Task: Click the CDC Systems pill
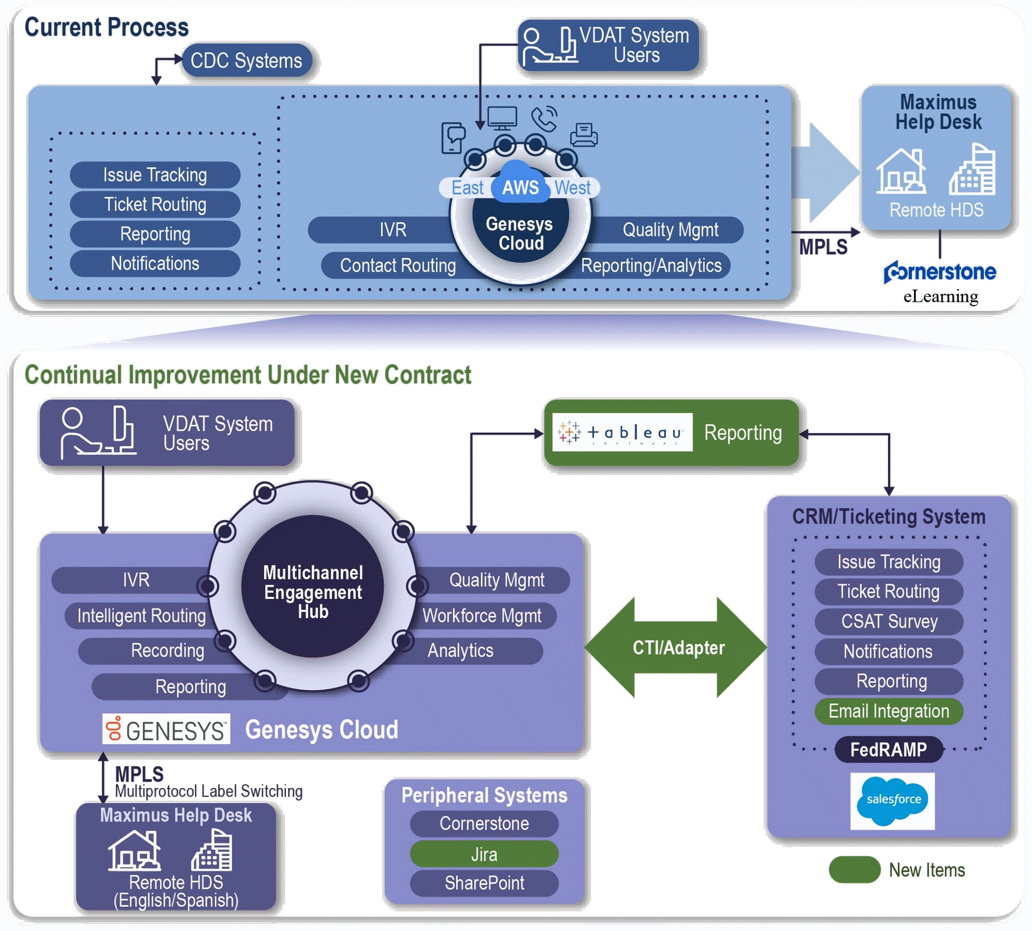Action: pyautogui.click(x=247, y=61)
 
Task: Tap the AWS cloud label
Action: pyautogui.click(x=520, y=186)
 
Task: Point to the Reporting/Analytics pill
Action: pyautogui.click(x=652, y=265)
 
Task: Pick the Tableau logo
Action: pyautogui.click(x=622, y=433)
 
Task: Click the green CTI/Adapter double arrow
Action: pyautogui.click(x=677, y=647)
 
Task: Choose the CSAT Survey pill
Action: pyautogui.click(x=889, y=621)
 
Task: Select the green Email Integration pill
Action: pyautogui.click(x=889, y=711)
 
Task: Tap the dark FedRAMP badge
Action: pyautogui.click(x=889, y=749)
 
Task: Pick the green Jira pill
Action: pyautogui.click(x=484, y=854)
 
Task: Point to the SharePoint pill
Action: pyautogui.click(x=484, y=883)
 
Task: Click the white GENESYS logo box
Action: pyautogui.click(x=166, y=729)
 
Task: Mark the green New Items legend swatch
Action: pyautogui.click(x=854, y=870)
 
